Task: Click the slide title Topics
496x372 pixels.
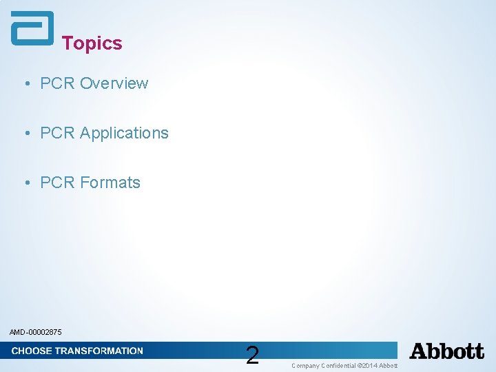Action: pos(92,43)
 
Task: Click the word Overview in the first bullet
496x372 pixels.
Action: pos(114,83)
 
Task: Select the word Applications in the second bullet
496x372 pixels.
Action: pos(124,133)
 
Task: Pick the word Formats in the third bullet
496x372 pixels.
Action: pos(110,183)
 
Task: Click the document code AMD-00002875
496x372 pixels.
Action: pos(36,332)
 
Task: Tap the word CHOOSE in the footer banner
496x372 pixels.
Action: pos(31,351)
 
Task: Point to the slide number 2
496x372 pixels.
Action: pos(252,355)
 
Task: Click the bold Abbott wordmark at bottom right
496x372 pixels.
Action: pos(447,351)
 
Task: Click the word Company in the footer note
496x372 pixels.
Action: pos(305,365)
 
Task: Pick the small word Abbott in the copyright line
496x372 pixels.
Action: pos(389,365)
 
